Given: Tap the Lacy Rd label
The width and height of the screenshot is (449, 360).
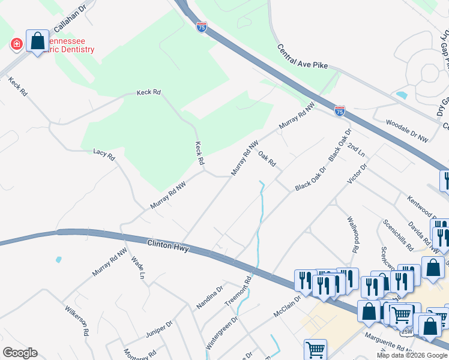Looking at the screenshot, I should tap(104, 155).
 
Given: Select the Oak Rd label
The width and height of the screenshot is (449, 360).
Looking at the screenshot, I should tap(267, 159).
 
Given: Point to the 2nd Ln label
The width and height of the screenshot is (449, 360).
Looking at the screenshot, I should tap(356, 150).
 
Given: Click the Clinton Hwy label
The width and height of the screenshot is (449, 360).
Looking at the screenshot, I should tap(169, 247).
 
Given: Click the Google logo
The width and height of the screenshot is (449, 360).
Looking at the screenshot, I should tap(20, 353).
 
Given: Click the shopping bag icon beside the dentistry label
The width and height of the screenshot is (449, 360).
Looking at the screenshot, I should tap(37, 41).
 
